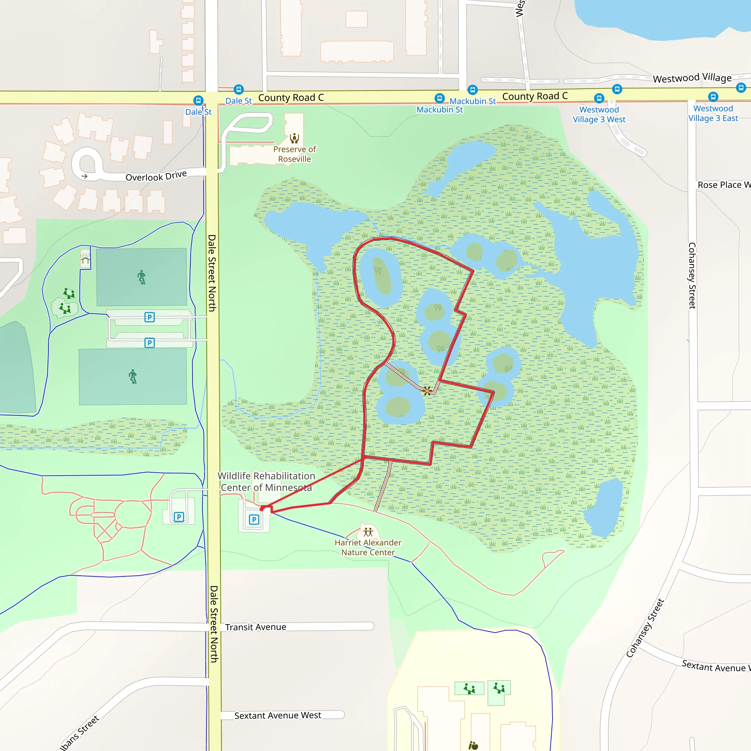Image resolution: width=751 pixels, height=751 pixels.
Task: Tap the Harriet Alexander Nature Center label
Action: point(368,547)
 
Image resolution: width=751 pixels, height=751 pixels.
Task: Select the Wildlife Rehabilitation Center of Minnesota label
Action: point(266,481)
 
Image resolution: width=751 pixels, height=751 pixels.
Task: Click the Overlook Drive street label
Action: point(156,176)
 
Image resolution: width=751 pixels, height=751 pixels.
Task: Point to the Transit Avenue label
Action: point(255,627)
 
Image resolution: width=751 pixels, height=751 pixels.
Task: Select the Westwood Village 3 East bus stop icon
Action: point(713,96)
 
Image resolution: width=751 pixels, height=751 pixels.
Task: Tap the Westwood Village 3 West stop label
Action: point(599,115)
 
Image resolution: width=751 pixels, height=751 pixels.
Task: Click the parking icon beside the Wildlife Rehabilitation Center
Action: point(254,519)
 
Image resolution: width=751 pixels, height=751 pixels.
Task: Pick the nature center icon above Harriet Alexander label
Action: point(368,531)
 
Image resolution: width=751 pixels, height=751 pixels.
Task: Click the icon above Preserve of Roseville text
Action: point(294,138)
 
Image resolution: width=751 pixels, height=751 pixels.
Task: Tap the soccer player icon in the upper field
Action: point(142,277)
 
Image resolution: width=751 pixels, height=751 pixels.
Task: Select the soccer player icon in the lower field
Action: point(133,376)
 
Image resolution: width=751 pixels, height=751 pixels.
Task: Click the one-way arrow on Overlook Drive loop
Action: point(84,176)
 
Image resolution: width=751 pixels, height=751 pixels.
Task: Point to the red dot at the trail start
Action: point(261,509)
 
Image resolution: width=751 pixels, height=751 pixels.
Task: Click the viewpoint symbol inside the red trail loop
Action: point(427,390)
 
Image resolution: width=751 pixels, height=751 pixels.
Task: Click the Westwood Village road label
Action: point(692,78)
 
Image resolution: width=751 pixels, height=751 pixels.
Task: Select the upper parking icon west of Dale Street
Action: point(149,317)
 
